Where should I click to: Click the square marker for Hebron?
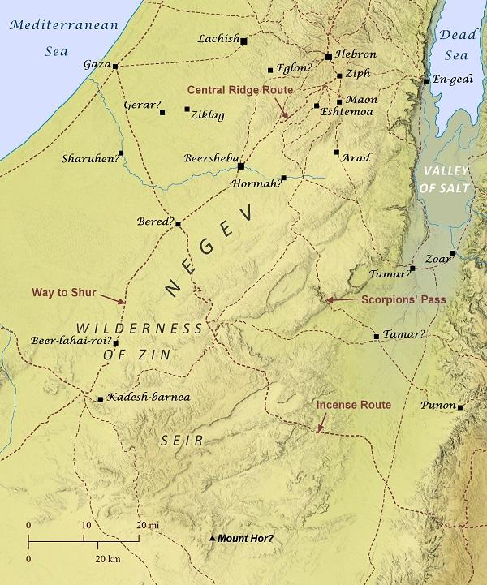coord(328,57)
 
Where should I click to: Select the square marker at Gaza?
coord(115,67)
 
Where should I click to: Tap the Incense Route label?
coord(353,404)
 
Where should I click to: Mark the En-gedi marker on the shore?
coord(425,81)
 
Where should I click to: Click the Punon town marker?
coord(459,407)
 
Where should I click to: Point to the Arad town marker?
coord(336,152)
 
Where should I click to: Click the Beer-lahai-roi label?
coord(69,342)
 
